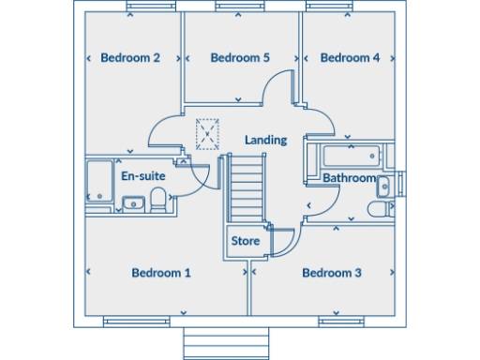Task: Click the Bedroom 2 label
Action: pos(129,58)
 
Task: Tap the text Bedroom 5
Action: pos(240,58)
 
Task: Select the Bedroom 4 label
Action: pos(350,58)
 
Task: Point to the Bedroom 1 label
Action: pos(160,274)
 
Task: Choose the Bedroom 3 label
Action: pos(331,274)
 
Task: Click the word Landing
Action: pos(265,140)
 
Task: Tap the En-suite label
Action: pos(142,175)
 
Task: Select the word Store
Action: pos(245,242)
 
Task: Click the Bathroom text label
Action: pos(349,178)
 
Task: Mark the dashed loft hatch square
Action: pos(207,134)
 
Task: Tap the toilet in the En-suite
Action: pos(159,199)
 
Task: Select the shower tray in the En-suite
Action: pos(97,181)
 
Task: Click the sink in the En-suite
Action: pos(132,202)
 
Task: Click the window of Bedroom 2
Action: pos(150,9)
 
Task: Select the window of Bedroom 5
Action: pos(240,9)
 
